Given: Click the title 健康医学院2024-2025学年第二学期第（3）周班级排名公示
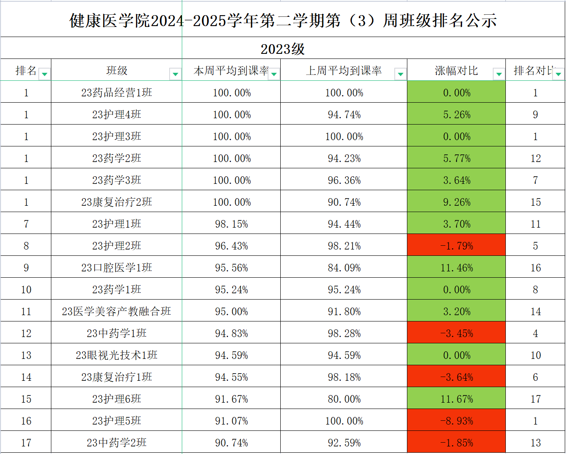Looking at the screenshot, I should click(283, 21).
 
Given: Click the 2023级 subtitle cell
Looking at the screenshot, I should click(283, 49).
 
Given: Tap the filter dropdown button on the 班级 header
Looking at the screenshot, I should click(175, 74).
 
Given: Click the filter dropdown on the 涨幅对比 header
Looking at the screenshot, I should click(499, 74).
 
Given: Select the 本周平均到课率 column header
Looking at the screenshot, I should click(231, 71).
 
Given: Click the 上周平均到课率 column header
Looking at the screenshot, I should click(344, 71).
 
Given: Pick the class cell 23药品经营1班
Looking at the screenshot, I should click(117, 93).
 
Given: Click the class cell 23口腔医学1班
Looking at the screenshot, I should click(117, 268).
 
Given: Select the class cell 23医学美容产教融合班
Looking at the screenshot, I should click(117, 311).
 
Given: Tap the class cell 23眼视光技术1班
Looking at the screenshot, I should click(117, 355).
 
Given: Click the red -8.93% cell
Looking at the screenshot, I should click(457, 421).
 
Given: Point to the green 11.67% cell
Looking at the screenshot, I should click(457, 399).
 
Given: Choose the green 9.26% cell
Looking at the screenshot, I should click(457, 202).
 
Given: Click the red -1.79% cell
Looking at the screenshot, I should click(457, 246).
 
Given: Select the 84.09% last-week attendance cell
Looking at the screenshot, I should click(344, 268).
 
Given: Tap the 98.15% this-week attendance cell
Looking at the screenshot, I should click(231, 224).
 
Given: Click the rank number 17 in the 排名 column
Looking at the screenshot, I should click(26, 443).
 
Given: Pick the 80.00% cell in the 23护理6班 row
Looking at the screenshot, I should click(344, 399).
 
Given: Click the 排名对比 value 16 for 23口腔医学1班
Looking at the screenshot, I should click(535, 268).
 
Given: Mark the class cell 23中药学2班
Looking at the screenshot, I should click(117, 443).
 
